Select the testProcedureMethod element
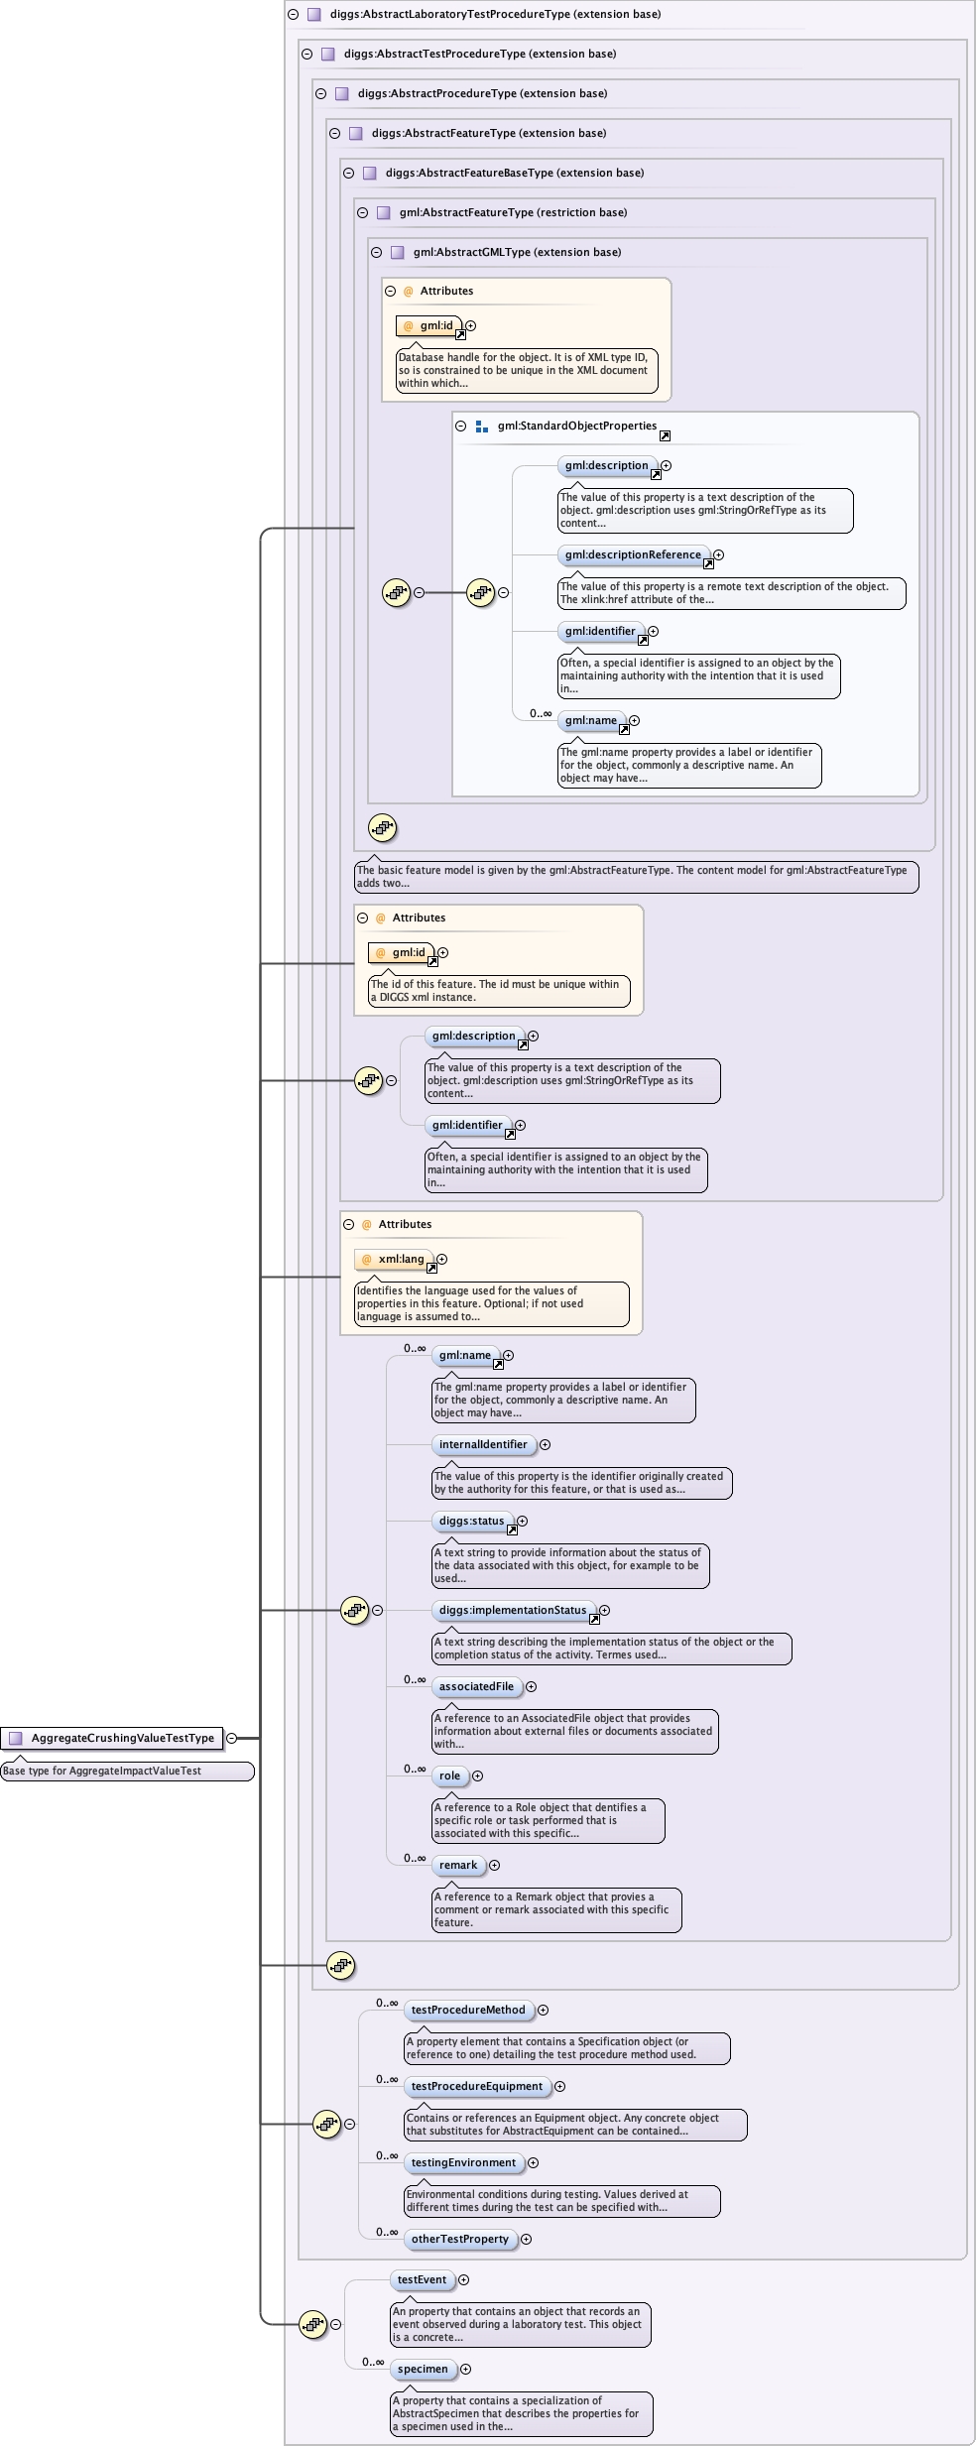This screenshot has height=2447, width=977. tap(468, 2010)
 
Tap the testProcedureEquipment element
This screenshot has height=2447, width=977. tap(477, 2086)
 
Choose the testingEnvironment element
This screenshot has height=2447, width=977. tap(463, 2162)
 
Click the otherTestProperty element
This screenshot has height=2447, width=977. tap(460, 2239)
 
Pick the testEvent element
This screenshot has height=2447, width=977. tap(423, 2279)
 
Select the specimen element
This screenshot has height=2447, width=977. tap(423, 2369)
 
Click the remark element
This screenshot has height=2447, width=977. tap(458, 1865)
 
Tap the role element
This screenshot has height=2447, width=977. tap(450, 1775)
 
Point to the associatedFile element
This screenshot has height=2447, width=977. tap(477, 1686)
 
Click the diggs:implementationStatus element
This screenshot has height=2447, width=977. tap(513, 1610)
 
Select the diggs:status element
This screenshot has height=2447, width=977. tap(472, 1521)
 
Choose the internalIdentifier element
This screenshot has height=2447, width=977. tap(483, 1444)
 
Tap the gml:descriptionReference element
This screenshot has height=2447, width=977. tap(633, 554)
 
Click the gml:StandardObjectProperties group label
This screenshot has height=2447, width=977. tap(577, 426)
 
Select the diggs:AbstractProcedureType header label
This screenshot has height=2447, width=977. tap(482, 93)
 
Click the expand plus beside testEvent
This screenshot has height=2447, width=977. tap(463, 2279)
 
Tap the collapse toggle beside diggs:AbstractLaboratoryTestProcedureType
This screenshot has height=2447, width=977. tap(293, 14)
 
